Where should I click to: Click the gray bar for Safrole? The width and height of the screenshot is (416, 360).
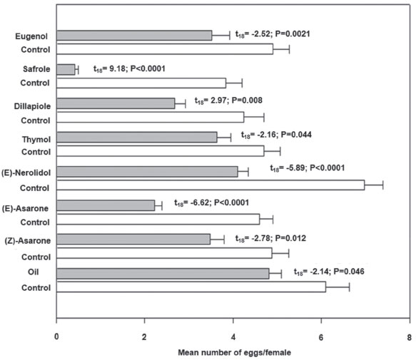66,69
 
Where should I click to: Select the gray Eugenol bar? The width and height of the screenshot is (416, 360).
134,36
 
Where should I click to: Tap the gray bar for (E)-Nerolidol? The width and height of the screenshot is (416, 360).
147,172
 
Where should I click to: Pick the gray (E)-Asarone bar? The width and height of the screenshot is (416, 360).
106,205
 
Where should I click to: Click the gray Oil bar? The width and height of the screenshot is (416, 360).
163,274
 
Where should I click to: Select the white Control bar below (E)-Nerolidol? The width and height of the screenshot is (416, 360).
210,185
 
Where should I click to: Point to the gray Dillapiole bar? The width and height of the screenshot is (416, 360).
116,103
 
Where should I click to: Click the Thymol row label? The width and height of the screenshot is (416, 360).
36,140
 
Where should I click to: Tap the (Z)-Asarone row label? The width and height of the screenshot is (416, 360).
28,241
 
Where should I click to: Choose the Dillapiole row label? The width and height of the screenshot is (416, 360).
32,106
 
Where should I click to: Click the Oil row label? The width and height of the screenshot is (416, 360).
33,272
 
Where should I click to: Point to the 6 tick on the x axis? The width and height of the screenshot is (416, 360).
321,320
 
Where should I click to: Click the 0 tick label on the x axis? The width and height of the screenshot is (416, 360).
56,337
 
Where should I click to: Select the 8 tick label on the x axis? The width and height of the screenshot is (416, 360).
410,337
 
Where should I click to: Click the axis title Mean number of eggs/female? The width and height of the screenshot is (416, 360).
235,353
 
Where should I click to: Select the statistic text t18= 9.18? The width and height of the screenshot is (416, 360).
109,69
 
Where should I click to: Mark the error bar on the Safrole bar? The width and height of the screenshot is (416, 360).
77,70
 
